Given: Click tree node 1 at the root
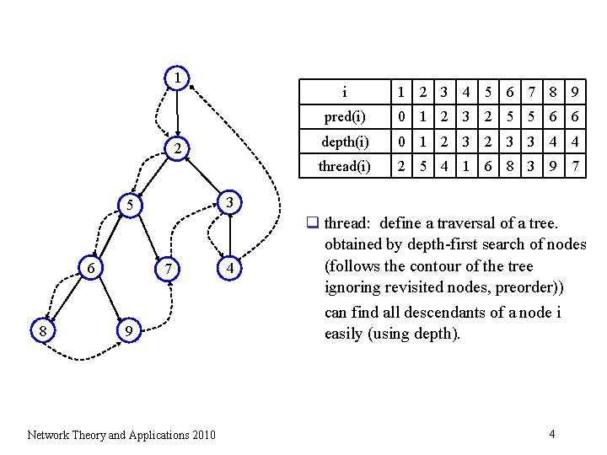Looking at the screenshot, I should pos(177,78).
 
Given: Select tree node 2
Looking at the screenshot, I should pos(177,149).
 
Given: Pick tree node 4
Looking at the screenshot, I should pos(229,268).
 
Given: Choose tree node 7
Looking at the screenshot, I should pos(169,268).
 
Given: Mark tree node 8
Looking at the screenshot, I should pos(43,331).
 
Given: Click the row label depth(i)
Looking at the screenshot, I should pos(344,141).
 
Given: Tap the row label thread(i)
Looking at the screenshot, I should pos(344,166).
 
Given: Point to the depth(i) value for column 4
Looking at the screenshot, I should pos(465,141).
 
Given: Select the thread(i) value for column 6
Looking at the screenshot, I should pos(509,166).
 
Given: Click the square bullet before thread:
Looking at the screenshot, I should pos(311,223).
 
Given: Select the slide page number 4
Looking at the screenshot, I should pos(551,434).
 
